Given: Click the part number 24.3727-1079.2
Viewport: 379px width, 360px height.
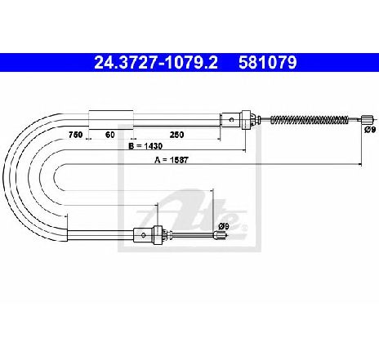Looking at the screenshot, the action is [156, 63].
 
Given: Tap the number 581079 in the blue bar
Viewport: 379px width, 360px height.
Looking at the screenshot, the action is [268, 63].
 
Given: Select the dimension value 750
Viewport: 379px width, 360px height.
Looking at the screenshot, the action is [75, 135].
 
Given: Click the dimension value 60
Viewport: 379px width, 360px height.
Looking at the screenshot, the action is [109, 135].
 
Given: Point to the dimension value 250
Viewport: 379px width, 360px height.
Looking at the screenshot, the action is [176, 135].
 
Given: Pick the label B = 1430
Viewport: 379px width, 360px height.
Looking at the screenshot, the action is [145, 146].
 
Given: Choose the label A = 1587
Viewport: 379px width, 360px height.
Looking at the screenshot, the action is [172, 160].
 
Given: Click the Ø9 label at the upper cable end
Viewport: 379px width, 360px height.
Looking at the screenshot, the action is [370, 130].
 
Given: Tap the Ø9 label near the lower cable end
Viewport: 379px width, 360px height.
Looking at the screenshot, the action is [224, 226].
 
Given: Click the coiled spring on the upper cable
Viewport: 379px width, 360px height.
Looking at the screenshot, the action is [310, 120].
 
